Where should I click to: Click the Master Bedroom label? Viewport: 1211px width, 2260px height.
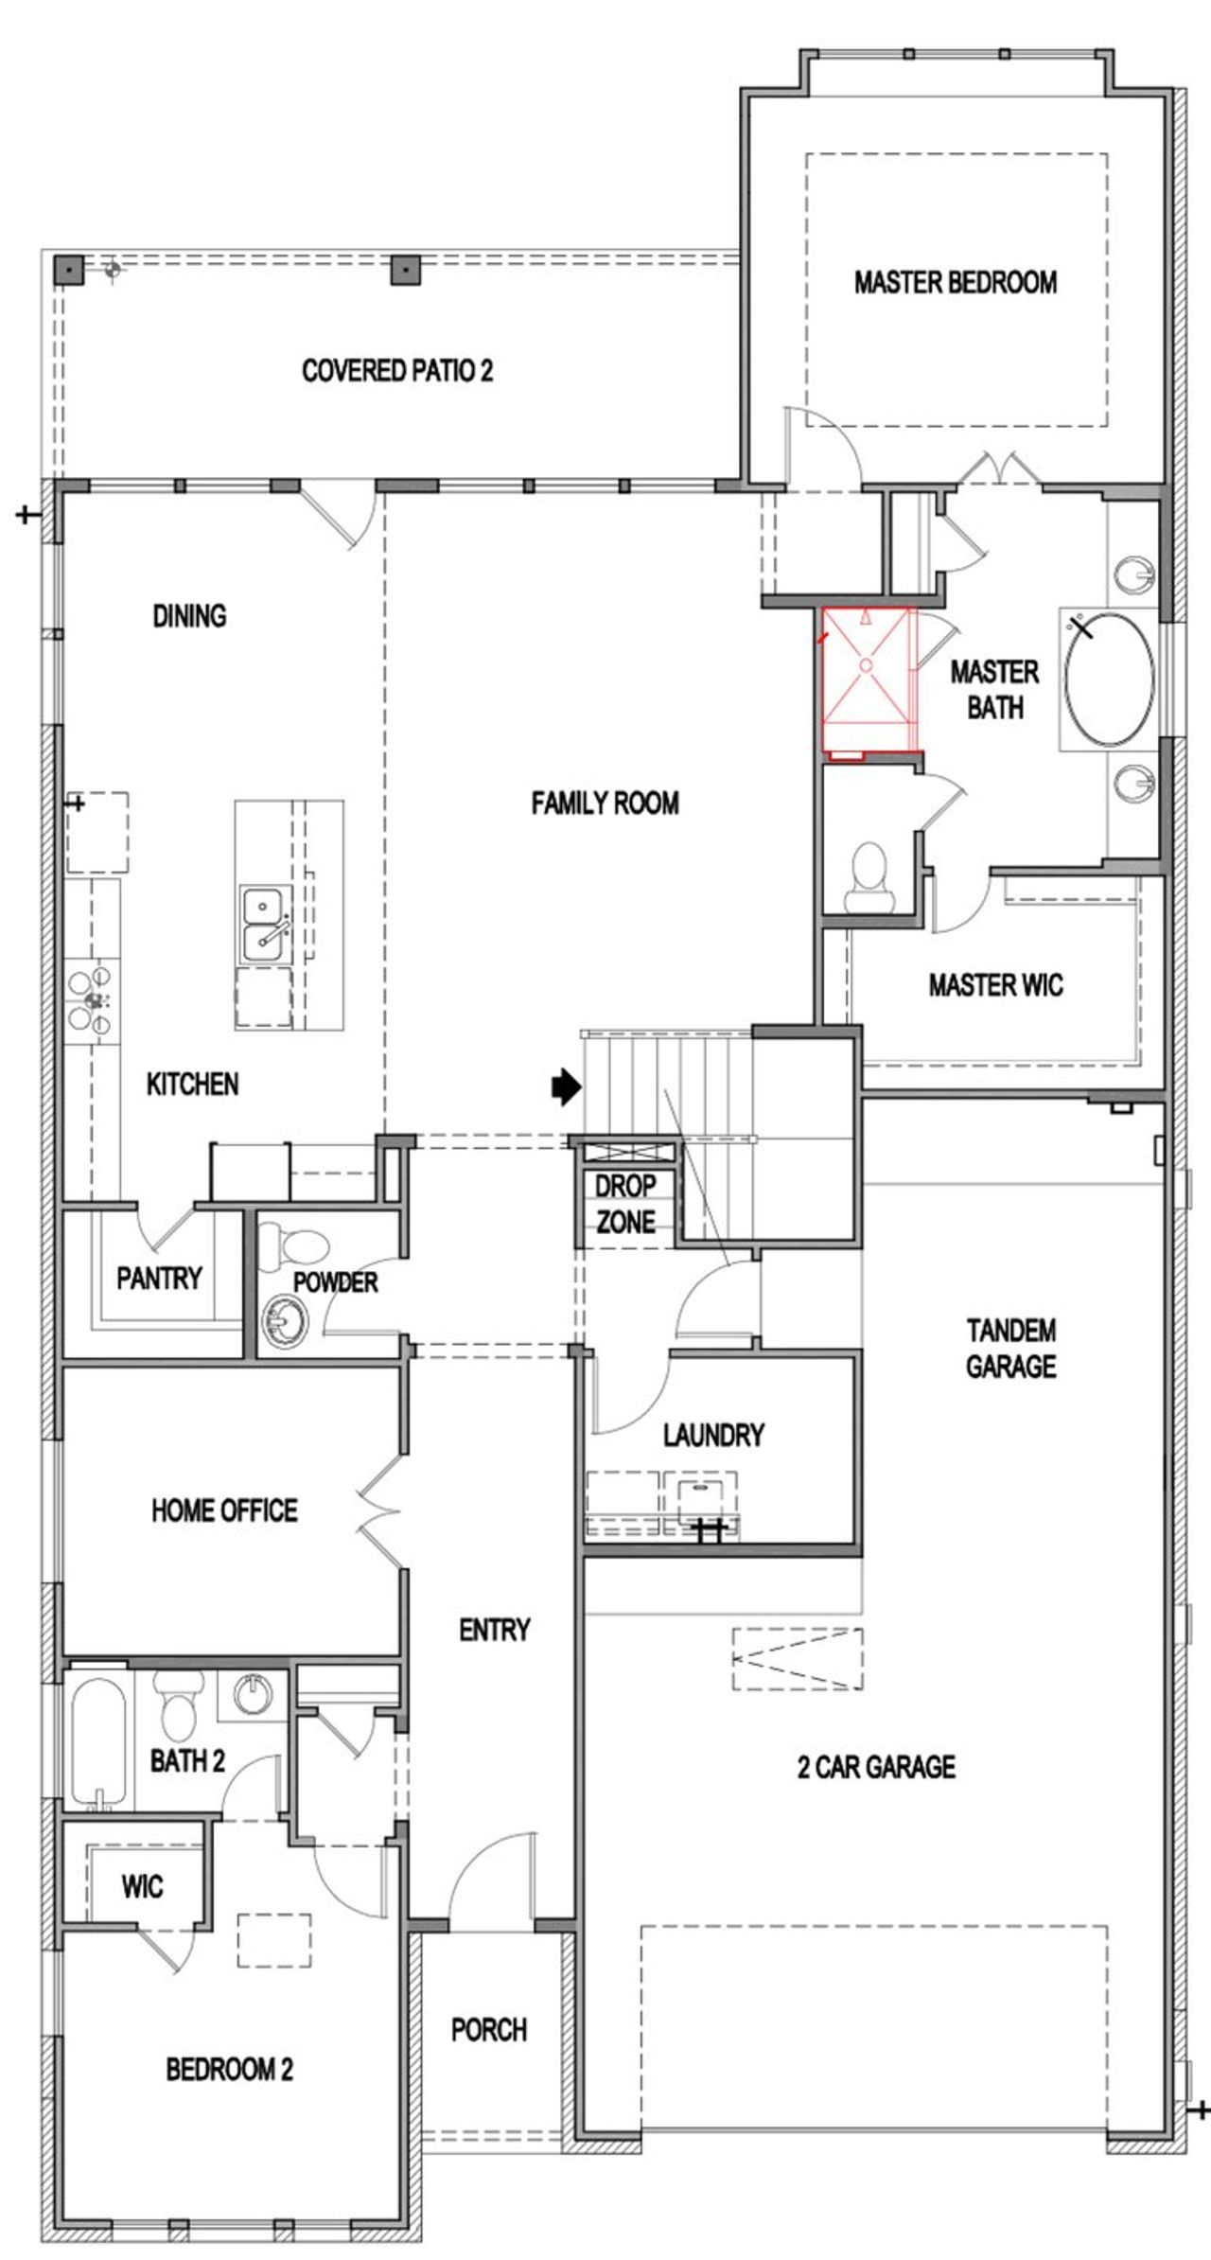coord(956,282)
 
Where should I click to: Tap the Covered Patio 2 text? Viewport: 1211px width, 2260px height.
coord(397,370)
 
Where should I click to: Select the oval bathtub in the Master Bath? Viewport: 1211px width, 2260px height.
coord(1109,680)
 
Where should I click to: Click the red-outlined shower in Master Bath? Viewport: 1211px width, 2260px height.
coord(867,680)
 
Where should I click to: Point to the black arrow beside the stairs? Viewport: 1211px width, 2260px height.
coord(566,1087)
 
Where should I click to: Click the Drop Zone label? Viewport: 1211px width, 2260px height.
coord(624,1204)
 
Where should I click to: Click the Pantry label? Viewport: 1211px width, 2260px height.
coord(159,1279)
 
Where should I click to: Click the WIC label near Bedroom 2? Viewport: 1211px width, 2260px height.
coord(142,1886)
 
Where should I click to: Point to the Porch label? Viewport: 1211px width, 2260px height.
coord(489,2030)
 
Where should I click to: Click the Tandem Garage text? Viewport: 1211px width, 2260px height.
coord(1010,1349)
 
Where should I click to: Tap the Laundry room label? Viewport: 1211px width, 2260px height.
coord(713,1435)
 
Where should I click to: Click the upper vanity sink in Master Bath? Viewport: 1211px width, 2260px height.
coord(1133,574)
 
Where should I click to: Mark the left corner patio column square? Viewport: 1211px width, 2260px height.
coord(68,269)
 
